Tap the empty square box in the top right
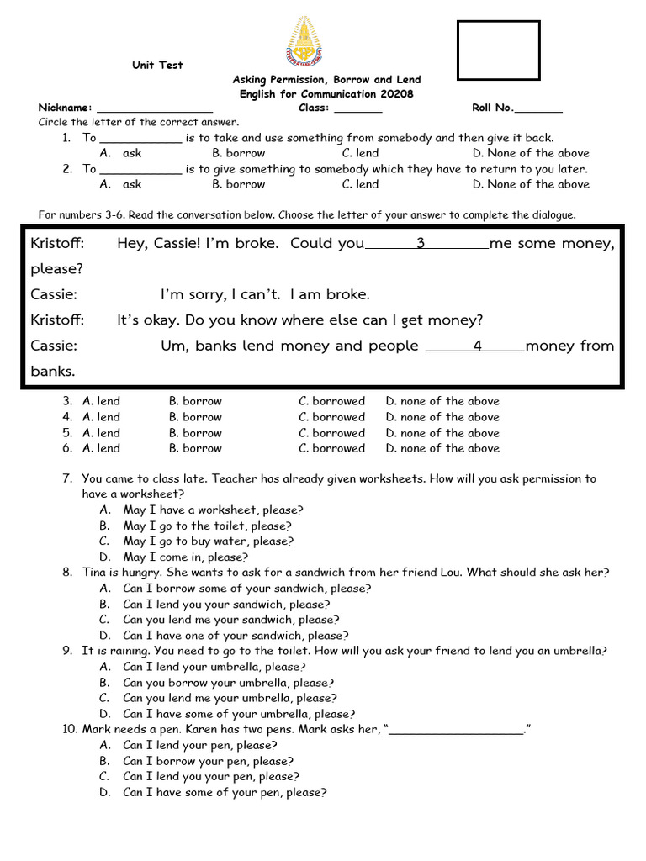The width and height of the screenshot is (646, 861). click(498, 50)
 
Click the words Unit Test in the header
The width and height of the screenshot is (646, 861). click(156, 66)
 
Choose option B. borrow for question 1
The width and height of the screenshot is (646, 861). click(238, 153)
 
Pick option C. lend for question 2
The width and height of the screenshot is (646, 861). click(360, 184)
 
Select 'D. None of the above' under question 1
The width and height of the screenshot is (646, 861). click(530, 153)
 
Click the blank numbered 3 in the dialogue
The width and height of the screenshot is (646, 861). click(426, 245)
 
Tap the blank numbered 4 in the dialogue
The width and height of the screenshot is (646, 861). click(476, 346)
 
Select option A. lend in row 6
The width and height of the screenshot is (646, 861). click(101, 448)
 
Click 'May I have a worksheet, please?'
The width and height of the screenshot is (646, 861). click(213, 510)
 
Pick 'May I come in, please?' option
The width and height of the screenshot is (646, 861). click(185, 557)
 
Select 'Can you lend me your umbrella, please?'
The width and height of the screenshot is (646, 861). click(230, 698)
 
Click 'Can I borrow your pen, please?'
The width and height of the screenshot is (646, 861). click(208, 761)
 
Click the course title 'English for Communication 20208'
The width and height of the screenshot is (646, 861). click(326, 94)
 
